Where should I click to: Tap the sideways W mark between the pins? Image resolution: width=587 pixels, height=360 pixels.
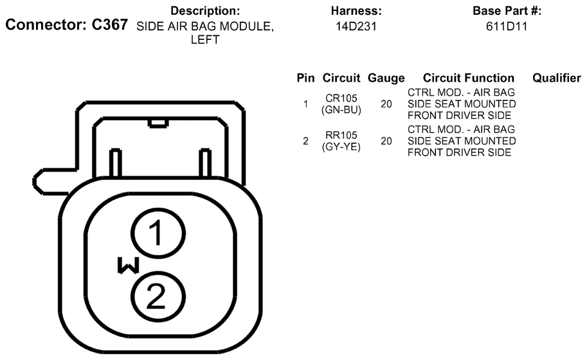pyautogui.click(x=129, y=265)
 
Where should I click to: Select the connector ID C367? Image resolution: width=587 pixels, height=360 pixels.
pyautogui.click(x=110, y=24)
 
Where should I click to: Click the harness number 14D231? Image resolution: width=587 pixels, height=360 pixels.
pyautogui.click(x=356, y=26)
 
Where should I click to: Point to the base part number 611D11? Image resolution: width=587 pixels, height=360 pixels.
pyautogui.click(x=507, y=26)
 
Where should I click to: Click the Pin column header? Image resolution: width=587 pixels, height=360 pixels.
pyautogui.click(x=305, y=78)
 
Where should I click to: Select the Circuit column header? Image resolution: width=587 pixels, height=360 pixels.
pyautogui.click(x=341, y=78)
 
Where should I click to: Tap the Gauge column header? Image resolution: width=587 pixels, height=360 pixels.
pyautogui.click(x=386, y=78)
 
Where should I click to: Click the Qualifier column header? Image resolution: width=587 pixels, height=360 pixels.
pyautogui.click(x=557, y=78)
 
